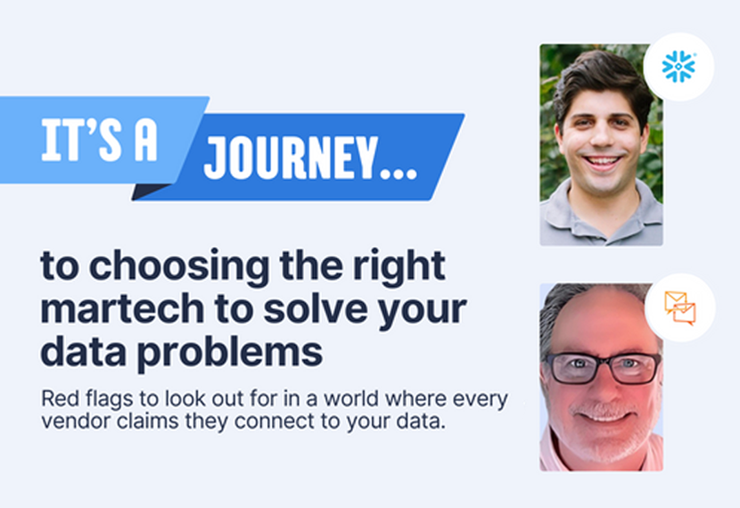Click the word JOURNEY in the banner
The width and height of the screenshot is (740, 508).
tap(292, 158)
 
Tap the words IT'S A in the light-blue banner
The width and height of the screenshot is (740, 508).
tap(99, 140)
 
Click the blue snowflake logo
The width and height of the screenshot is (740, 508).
tap(678, 67)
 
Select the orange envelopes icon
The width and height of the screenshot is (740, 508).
tap(680, 308)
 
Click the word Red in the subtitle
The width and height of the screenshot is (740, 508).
tap(54, 399)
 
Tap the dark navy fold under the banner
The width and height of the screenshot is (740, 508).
tap(149, 192)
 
